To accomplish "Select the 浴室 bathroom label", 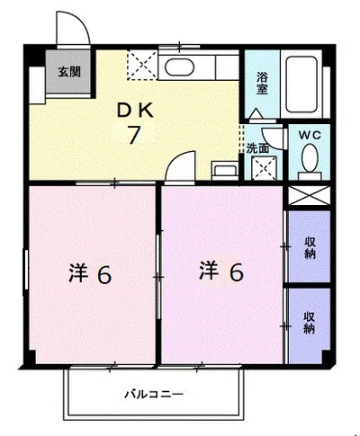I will point(261,83).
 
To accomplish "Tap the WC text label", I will point(309,135).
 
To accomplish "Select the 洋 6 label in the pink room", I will point(91,273).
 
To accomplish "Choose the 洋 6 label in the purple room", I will point(220,271).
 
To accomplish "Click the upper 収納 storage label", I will point(309,246).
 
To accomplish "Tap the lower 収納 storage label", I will point(309,322).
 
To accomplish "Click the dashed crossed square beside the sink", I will point(141,66).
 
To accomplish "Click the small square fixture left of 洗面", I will point(221,168).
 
